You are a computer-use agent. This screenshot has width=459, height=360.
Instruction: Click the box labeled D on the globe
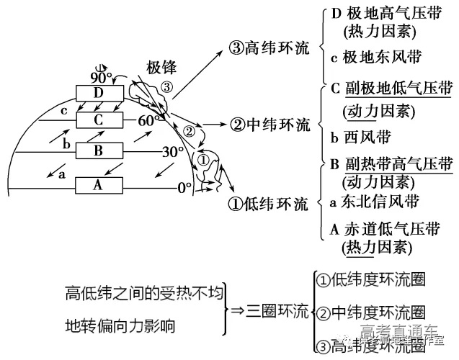click(x=99, y=92)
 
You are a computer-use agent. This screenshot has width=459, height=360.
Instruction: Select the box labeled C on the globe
click(x=99, y=119)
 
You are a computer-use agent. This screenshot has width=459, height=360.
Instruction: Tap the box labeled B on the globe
click(x=99, y=150)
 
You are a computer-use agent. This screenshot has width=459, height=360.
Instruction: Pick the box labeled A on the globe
click(x=99, y=185)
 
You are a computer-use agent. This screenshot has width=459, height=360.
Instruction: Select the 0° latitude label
click(x=184, y=188)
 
